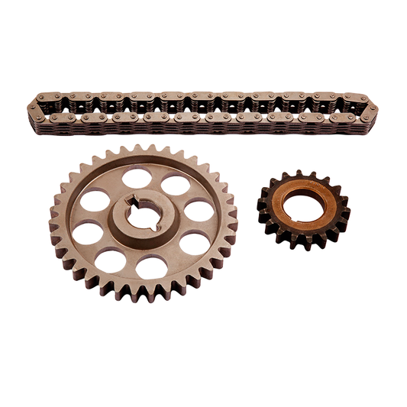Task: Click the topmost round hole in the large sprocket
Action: click(137, 178)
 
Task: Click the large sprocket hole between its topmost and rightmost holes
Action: click(176, 186)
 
